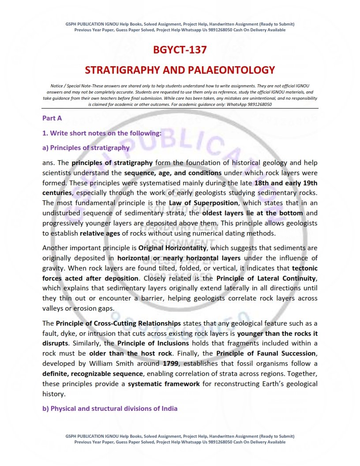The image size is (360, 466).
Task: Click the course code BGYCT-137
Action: click(x=180, y=50)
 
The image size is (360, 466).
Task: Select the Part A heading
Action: click(x=52, y=118)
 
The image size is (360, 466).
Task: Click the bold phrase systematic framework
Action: click(x=164, y=384)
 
